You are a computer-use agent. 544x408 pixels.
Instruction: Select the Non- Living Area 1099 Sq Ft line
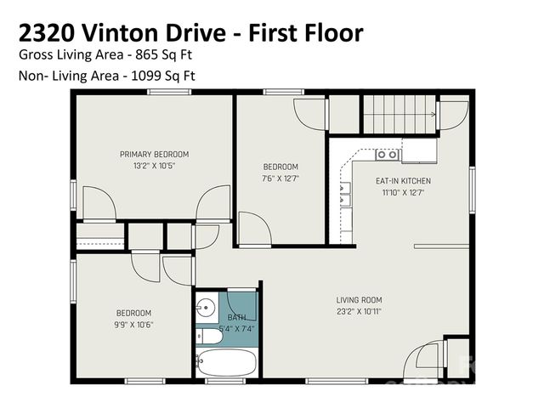pos(107,75)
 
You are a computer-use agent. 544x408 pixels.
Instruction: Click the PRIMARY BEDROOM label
pos(154,154)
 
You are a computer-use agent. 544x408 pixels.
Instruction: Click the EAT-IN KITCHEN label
pos(404,181)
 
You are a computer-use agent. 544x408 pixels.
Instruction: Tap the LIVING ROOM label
pos(359,299)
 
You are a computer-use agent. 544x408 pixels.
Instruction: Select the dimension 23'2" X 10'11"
pos(359,311)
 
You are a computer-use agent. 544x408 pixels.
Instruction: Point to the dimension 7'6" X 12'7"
pos(280,178)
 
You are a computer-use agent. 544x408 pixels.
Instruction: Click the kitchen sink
pos(388,154)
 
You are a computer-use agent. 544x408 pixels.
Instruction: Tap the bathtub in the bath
pos(225,362)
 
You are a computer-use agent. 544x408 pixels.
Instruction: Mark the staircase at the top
pos(400,114)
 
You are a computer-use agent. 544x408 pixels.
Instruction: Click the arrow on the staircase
pos(432,114)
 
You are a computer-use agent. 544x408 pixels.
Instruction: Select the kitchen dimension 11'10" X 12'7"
pos(404,193)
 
